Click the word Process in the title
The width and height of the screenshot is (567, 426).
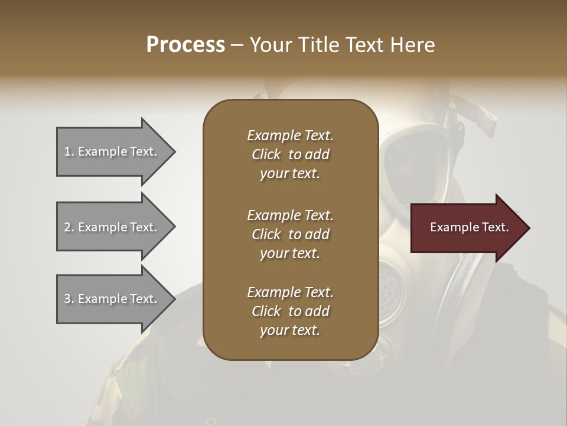pos(185,44)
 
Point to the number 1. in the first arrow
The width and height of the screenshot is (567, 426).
pos(69,151)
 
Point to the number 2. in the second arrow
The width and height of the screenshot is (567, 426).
pos(69,227)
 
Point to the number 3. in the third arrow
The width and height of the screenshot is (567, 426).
pos(69,299)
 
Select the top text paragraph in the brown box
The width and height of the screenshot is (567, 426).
pos(290,154)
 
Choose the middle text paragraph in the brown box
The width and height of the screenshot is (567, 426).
pos(290,234)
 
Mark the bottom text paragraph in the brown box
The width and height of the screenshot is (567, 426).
pos(290,311)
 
